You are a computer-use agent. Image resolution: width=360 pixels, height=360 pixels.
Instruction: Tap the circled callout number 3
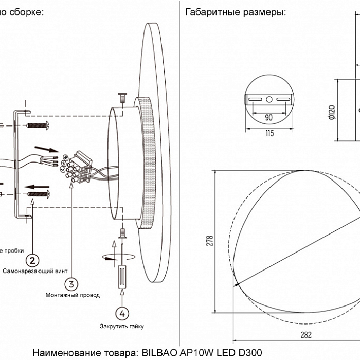tap(71, 284)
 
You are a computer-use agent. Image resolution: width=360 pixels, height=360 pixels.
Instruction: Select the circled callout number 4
tap(121, 314)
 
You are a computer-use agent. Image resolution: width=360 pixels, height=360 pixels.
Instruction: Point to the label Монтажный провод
tap(73, 295)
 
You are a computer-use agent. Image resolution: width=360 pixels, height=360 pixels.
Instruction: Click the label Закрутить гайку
tap(122, 326)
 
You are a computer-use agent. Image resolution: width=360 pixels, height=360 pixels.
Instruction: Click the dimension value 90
tap(268, 117)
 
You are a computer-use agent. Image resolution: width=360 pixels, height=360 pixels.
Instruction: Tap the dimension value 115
tap(269, 133)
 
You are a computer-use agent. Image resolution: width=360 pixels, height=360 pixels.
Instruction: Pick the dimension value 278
tap(209, 243)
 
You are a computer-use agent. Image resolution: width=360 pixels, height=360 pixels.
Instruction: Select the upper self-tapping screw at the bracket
tap(37, 125)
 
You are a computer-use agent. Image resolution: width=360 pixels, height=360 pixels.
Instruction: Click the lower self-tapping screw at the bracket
tap(37, 194)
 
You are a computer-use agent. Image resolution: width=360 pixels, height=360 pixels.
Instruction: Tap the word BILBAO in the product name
tap(158, 353)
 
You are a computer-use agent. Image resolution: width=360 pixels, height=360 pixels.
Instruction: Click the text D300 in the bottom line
tap(248, 353)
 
